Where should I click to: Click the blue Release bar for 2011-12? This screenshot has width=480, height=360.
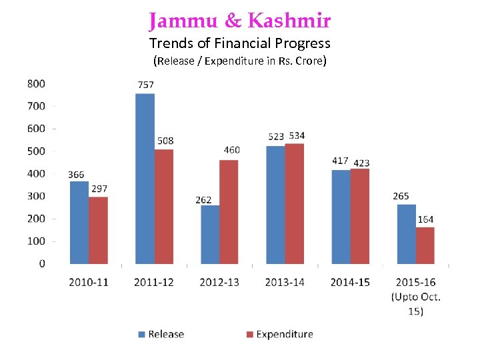[x=145, y=179]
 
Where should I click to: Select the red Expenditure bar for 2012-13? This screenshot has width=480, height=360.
[x=229, y=212]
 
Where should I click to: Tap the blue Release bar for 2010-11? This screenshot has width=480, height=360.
[x=79, y=223]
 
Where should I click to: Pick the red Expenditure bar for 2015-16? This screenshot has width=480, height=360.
[x=425, y=245]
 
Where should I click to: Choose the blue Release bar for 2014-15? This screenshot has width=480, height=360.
[x=341, y=217]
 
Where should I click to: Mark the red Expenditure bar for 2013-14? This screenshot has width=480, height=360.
[x=294, y=203]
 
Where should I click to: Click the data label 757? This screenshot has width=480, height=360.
[x=145, y=85]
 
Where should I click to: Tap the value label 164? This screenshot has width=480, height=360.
[x=425, y=219]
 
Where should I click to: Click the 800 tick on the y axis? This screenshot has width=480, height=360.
[x=37, y=83]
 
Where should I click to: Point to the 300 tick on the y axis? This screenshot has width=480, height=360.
[x=37, y=196]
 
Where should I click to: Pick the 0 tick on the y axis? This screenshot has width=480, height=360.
[x=41, y=263]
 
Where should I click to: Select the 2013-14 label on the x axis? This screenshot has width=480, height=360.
[x=285, y=283]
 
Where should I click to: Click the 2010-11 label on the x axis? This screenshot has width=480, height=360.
[x=89, y=283]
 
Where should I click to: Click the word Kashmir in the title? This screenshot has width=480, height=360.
[x=289, y=21]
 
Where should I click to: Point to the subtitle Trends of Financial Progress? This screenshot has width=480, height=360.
[x=240, y=44]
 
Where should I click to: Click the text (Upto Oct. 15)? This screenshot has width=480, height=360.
[x=416, y=303]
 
